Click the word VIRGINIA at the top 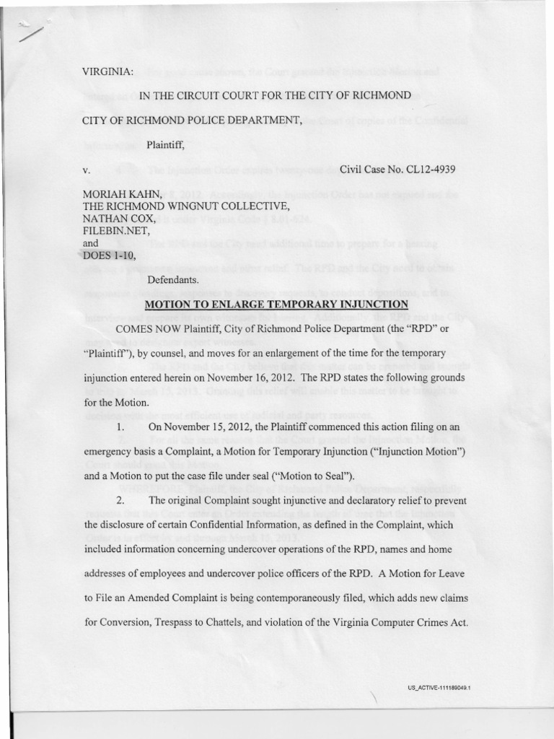point(107,71)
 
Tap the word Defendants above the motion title point(172,279)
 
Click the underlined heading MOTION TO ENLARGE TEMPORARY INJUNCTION point(277,304)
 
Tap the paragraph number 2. point(120,500)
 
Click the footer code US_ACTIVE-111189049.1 point(439,689)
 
